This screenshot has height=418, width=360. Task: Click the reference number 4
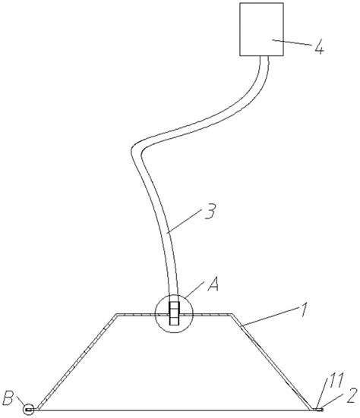pyautogui.click(x=319, y=49)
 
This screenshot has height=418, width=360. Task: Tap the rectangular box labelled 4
pyautogui.click(x=261, y=30)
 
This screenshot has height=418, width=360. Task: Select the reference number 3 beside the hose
pyautogui.click(x=210, y=211)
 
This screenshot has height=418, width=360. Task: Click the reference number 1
pyautogui.click(x=304, y=310)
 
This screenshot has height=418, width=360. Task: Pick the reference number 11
pyautogui.click(x=336, y=380)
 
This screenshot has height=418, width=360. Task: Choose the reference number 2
pyautogui.click(x=352, y=395)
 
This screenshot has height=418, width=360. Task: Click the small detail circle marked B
pyautogui.click(x=28, y=409)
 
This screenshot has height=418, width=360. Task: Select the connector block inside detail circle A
pyautogui.click(x=174, y=313)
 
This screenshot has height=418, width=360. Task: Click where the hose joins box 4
pyautogui.click(x=264, y=56)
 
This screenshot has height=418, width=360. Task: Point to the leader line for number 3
pyautogui.click(x=185, y=222)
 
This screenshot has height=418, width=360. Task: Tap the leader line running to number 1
pyautogui.click(x=268, y=316)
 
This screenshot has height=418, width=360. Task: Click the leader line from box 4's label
pyautogui.click(x=292, y=42)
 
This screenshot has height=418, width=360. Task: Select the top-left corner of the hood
pyautogui.click(x=116, y=314)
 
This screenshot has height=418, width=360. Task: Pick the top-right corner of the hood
pyautogui.click(x=232, y=314)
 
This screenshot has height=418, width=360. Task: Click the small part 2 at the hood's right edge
pyautogui.click(x=318, y=409)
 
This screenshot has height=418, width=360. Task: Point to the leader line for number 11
pyautogui.click(x=322, y=394)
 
